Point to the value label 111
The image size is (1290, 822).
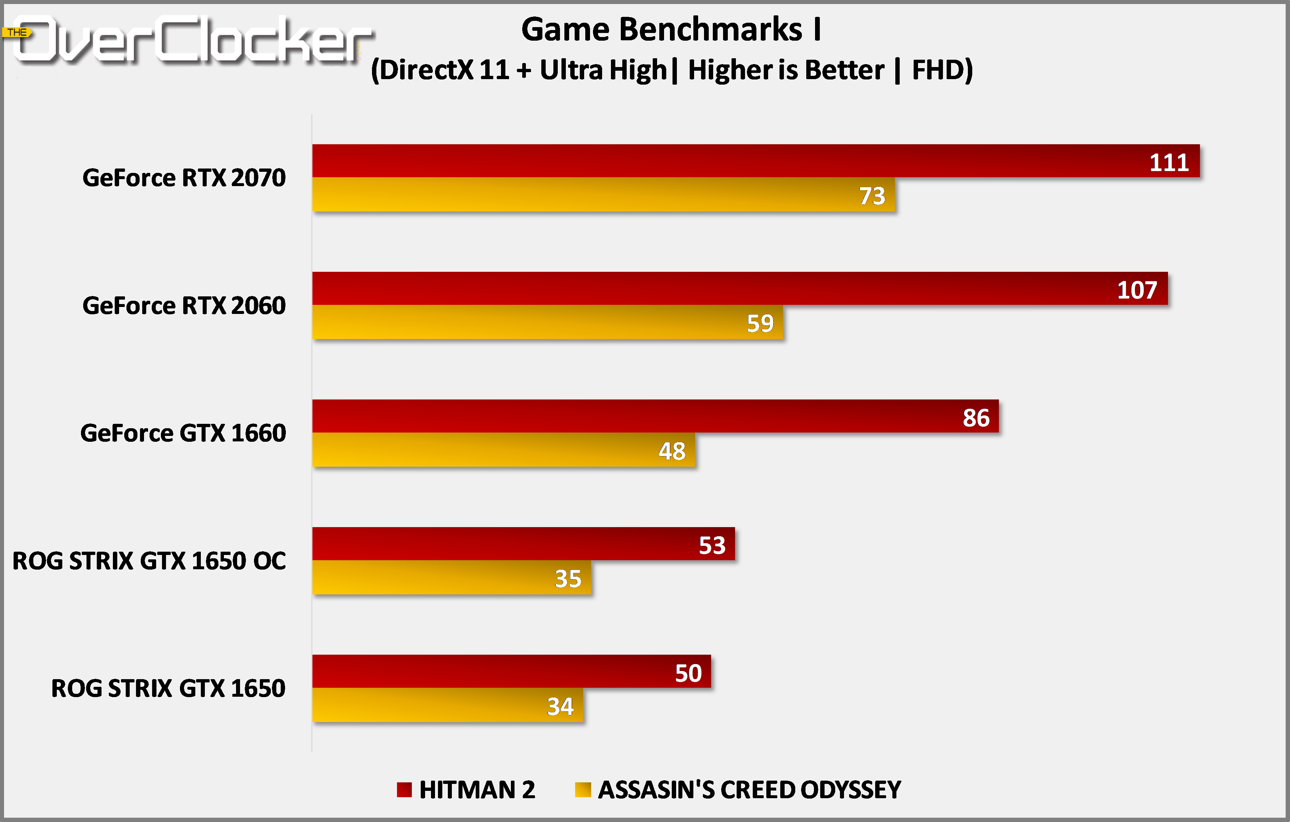point(1169,162)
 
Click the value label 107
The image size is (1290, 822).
point(1137,290)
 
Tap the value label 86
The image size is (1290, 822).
point(976,418)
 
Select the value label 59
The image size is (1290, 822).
point(760,323)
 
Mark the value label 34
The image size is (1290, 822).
point(560,706)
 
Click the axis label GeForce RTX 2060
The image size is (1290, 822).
point(184,305)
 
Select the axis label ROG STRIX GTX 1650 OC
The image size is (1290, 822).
point(149,561)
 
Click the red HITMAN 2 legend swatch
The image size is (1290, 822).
point(404,789)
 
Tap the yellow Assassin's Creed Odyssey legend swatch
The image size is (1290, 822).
point(582,789)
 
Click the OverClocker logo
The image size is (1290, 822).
point(193,40)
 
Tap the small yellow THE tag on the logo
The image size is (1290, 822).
point(17,32)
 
